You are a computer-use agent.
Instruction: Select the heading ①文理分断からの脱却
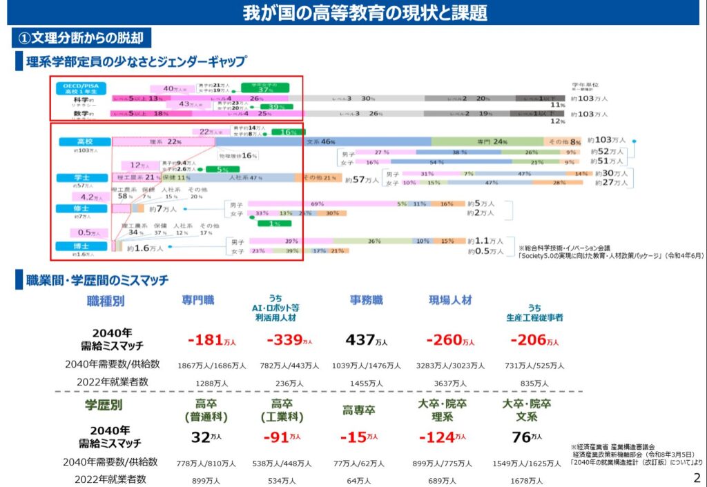coord(81,37)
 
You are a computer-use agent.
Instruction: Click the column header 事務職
coord(367,300)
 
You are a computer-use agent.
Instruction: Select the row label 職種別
coord(106,301)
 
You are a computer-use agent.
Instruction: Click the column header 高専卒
coord(359,410)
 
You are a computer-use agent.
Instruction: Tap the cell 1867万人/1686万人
coord(211,365)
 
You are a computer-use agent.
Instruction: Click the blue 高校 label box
coord(84,141)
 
